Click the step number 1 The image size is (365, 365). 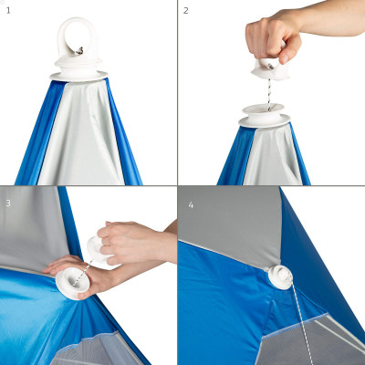(8, 10)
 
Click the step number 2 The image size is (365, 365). (186, 10)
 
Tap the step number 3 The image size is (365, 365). (8, 202)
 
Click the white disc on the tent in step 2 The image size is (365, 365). (264, 118)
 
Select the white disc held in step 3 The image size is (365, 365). (70, 284)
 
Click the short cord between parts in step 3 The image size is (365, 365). (83, 268)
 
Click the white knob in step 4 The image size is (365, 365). (281, 276)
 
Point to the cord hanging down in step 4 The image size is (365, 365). (301, 328)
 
